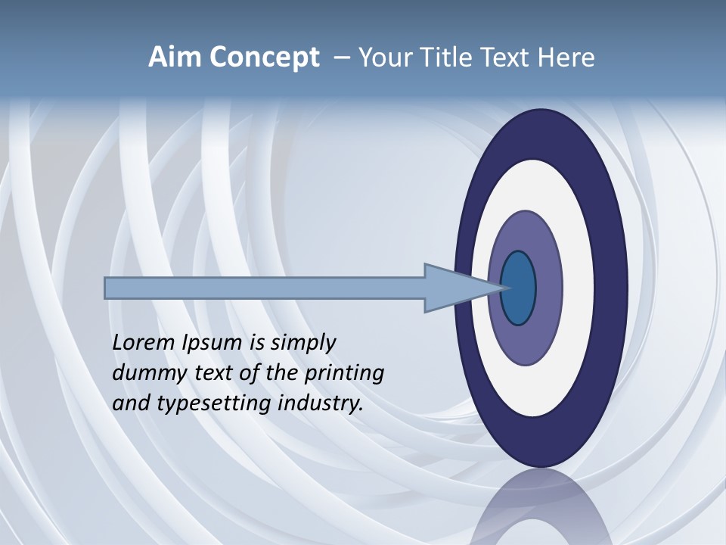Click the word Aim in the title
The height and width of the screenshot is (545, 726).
[x=175, y=58]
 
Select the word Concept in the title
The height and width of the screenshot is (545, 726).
[x=264, y=58]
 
